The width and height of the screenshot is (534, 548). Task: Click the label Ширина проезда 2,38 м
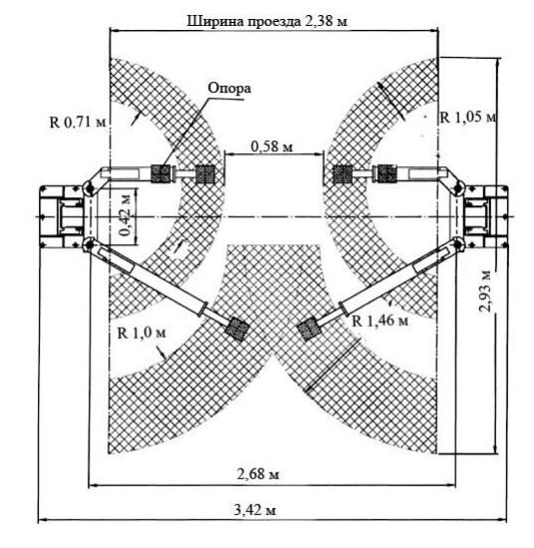coord(267,21)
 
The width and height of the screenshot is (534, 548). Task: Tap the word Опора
coord(229,89)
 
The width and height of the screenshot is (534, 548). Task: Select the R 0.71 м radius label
coord(78,123)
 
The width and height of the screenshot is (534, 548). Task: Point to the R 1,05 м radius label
coord(468,118)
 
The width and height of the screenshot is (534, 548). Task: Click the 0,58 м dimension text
coord(272,146)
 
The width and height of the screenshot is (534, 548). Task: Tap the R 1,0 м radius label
coord(141,333)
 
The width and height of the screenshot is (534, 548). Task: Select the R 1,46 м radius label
coord(381,321)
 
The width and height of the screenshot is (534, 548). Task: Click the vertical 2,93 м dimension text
coord(486,291)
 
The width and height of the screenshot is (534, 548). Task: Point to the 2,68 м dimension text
coord(258,474)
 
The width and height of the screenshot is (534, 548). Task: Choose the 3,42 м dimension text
coord(255,510)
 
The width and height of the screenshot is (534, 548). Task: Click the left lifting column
coord(62,216)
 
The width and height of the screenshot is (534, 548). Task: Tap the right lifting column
coord(485,216)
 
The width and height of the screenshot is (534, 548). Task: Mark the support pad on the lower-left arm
coord(238,330)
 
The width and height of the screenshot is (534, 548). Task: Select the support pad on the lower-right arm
coord(309,330)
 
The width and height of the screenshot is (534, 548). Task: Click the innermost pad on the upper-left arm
coord(204,173)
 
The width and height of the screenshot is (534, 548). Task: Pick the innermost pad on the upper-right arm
coord(342,173)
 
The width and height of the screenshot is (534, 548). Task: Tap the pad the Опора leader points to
coord(160,173)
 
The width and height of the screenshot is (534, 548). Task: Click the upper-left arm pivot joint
coord(89,189)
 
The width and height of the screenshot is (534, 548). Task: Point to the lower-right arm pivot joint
coord(457,243)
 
